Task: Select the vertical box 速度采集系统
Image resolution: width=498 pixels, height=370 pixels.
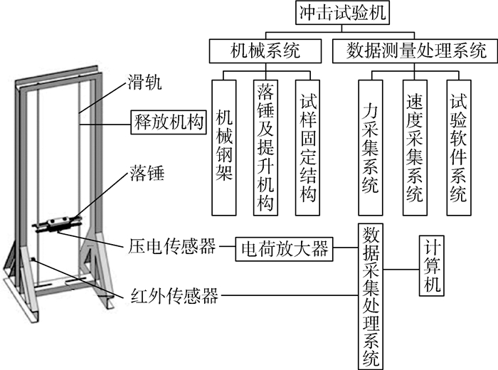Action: click(413, 145)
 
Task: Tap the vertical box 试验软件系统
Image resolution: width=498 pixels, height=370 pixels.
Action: click(458, 145)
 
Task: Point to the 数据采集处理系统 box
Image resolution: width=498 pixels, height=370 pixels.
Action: click(370, 294)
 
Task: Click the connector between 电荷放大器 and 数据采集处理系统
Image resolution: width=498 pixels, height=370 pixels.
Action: click(344, 249)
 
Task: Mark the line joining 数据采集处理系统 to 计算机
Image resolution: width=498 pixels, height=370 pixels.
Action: click(399, 270)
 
